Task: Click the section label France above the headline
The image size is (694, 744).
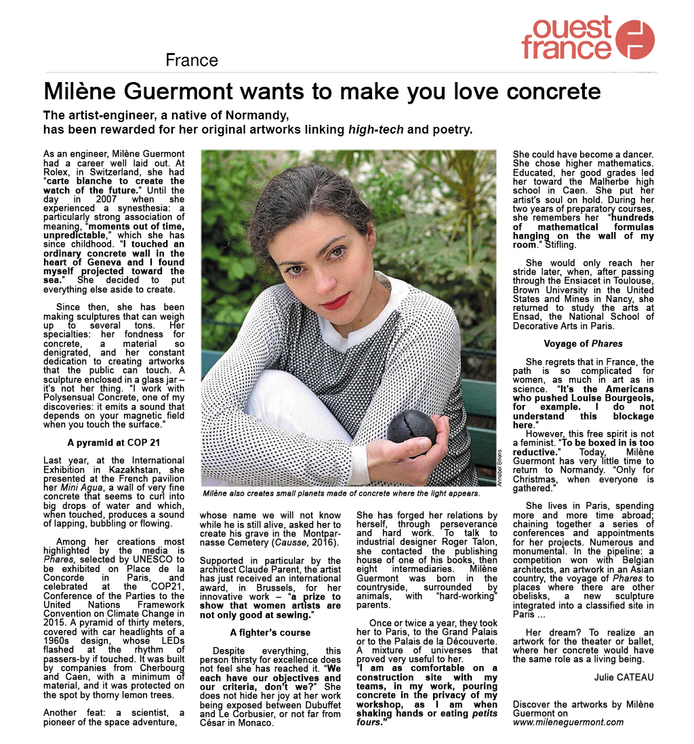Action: (x=192, y=60)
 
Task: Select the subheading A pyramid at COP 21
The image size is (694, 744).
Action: (x=114, y=441)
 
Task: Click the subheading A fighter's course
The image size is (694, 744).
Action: (x=270, y=633)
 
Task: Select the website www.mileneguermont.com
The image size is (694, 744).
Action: (x=568, y=722)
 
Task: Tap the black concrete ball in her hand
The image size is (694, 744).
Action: (x=411, y=431)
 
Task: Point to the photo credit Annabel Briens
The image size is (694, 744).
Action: (x=500, y=469)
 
